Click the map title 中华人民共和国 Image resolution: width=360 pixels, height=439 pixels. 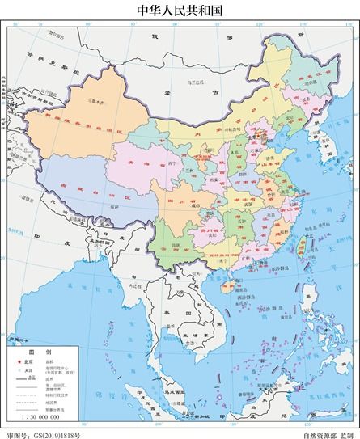[180, 11]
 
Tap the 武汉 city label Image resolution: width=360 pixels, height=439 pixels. [247, 199]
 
